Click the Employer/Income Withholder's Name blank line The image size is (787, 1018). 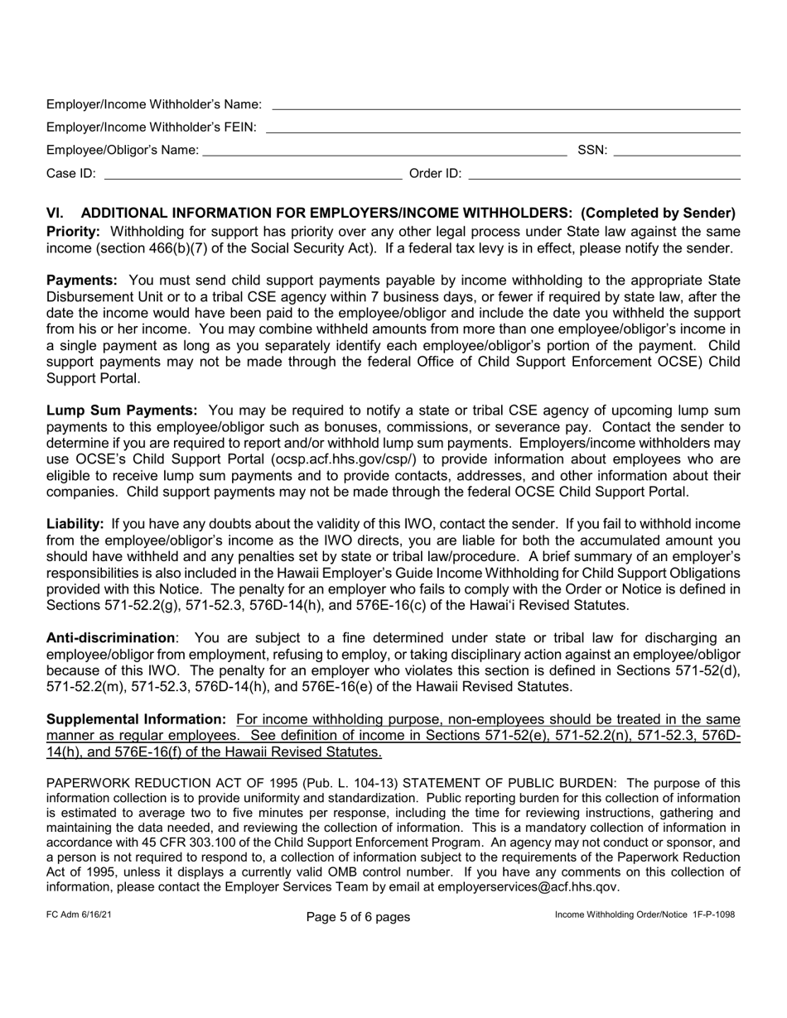(x=505, y=105)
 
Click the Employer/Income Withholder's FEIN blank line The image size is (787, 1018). (x=502, y=127)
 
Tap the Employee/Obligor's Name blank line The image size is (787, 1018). (x=384, y=151)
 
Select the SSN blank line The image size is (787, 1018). (x=676, y=151)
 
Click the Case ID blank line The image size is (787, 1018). (x=252, y=174)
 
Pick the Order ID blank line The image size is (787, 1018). (x=604, y=174)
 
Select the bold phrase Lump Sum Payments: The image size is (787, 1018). (x=121, y=411)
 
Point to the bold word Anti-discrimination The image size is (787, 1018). (x=110, y=638)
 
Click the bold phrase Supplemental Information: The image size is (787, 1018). (x=136, y=719)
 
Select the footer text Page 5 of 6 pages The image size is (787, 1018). (x=357, y=917)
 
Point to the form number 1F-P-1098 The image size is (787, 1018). (x=708, y=915)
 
